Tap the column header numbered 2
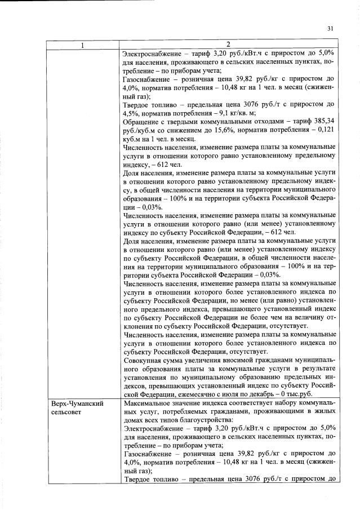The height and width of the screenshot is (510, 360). [x=228, y=45]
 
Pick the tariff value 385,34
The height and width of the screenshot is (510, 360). [x=323, y=121]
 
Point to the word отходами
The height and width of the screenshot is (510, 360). [x=263, y=121]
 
